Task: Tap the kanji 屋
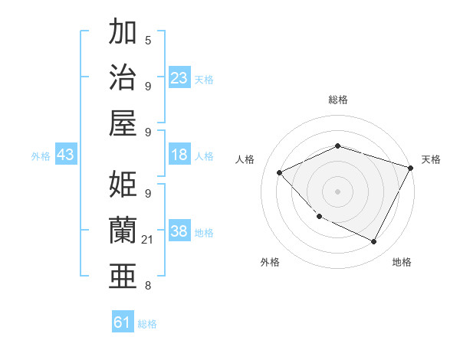coord(123,121)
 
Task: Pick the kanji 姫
coord(123,185)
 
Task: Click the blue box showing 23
coord(179,78)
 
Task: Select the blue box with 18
coord(179,155)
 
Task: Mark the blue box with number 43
coord(65,155)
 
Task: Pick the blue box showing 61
coord(123,322)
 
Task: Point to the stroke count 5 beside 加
coord(147,40)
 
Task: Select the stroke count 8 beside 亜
coord(147,286)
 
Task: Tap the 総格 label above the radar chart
coord(337,100)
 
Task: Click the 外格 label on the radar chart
coord(270,262)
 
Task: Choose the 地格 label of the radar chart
coord(402,262)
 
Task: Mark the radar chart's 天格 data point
coord(410,168)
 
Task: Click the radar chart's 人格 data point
coord(280,172)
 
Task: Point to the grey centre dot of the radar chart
coord(337,191)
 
